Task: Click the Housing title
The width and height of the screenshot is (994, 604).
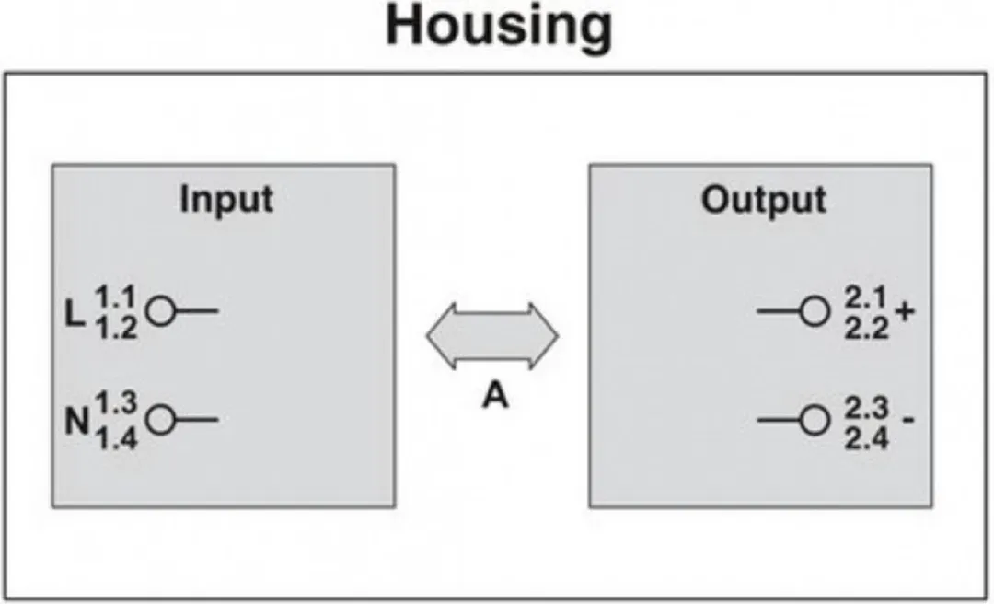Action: tap(499, 28)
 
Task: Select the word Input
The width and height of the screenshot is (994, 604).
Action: tap(226, 200)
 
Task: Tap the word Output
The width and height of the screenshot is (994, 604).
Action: tap(763, 200)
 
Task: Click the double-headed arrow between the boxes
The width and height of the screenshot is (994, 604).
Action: tap(491, 336)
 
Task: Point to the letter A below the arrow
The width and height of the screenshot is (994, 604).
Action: tap(495, 397)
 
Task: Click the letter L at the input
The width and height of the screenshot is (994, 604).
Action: tap(75, 313)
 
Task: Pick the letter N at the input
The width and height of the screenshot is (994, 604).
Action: tap(76, 421)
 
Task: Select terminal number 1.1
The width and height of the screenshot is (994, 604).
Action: tap(116, 296)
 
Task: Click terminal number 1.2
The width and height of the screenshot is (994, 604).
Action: tap(116, 328)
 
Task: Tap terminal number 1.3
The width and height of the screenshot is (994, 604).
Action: tap(117, 403)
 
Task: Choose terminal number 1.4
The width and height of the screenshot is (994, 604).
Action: tap(117, 438)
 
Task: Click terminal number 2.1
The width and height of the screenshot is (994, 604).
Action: tap(866, 296)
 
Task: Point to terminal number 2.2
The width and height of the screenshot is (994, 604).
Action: tap(866, 328)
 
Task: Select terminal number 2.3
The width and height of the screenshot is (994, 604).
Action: tap(866, 407)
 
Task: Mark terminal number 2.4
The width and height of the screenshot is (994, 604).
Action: tap(866, 438)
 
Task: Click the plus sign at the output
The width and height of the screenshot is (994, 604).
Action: tap(905, 311)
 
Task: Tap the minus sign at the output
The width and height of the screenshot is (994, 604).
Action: tap(908, 419)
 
